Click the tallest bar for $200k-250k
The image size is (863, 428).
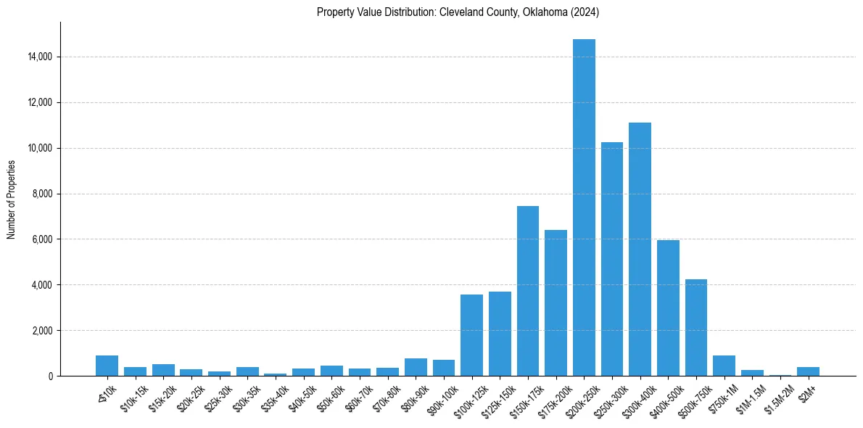click(x=584, y=207)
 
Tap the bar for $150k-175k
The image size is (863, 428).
click(x=528, y=291)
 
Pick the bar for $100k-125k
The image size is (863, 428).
click(x=471, y=335)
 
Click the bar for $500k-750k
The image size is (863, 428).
click(x=696, y=327)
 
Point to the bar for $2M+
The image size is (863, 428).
click(x=808, y=371)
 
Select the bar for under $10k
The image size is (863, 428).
click(x=107, y=366)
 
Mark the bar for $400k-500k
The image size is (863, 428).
click(x=668, y=308)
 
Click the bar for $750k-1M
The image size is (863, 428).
click(x=724, y=366)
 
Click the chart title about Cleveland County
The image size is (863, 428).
click(x=458, y=12)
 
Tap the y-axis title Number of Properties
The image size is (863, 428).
click(x=12, y=199)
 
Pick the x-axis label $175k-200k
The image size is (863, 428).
click(x=553, y=398)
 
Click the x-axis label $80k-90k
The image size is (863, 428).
click(x=414, y=397)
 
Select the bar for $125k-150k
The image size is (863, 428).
click(x=500, y=334)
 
